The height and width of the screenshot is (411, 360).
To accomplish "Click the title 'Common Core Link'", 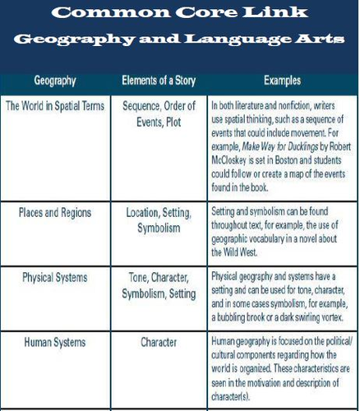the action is click(179, 14).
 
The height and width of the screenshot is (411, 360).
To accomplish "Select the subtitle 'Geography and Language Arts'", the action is click(179, 40).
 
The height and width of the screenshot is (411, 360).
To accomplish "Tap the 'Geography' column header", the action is click(56, 82).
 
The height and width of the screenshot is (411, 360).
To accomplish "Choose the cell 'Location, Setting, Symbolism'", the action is click(159, 219).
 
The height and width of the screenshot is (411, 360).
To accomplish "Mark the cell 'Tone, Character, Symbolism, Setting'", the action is click(159, 284).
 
